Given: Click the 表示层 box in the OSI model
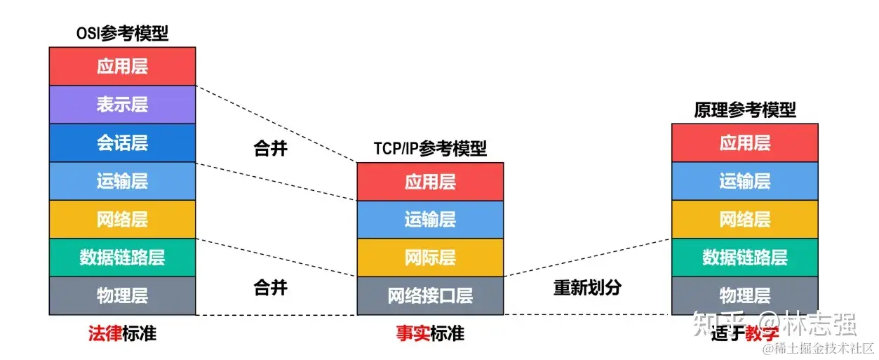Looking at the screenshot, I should (122, 105).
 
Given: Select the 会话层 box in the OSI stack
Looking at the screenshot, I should (122, 143).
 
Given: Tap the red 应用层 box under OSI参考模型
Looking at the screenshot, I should (122, 67).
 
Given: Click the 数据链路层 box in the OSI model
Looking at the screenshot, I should (122, 258).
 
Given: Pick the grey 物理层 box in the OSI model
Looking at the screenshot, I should (122, 295).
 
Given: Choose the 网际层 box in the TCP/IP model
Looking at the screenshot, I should (430, 258).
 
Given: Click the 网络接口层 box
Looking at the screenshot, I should (430, 295).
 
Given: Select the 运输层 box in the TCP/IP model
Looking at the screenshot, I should (430, 220).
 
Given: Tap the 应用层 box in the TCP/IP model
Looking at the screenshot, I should (430, 182).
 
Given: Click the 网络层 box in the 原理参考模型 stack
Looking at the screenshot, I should (744, 220).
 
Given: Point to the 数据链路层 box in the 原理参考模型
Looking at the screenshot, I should (744, 258).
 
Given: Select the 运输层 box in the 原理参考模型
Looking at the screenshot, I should (744, 182).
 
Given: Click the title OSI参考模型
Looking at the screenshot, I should (122, 33).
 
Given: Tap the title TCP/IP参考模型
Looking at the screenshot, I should (430, 149).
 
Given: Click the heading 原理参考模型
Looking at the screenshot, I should (744, 110).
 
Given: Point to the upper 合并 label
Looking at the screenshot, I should (270, 149).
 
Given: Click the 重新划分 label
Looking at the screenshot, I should (587, 288).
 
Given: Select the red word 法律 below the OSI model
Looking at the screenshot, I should (105, 333).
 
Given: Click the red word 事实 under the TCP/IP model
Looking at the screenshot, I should (412, 333).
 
